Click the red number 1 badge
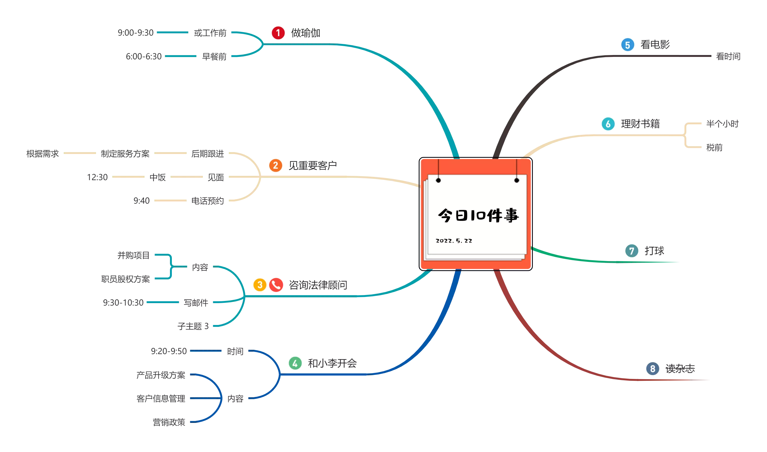click(278, 33)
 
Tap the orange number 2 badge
click(275, 165)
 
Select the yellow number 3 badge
click(260, 285)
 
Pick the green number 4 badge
click(295, 363)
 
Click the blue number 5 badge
click(628, 45)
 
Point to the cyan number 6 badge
click(608, 124)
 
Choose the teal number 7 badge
click(632, 251)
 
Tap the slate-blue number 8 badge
click(652, 369)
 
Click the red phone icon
click(276, 285)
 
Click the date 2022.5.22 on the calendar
click(454, 241)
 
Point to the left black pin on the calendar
click(438, 180)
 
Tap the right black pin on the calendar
click(517, 180)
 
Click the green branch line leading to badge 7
click(579, 260)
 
